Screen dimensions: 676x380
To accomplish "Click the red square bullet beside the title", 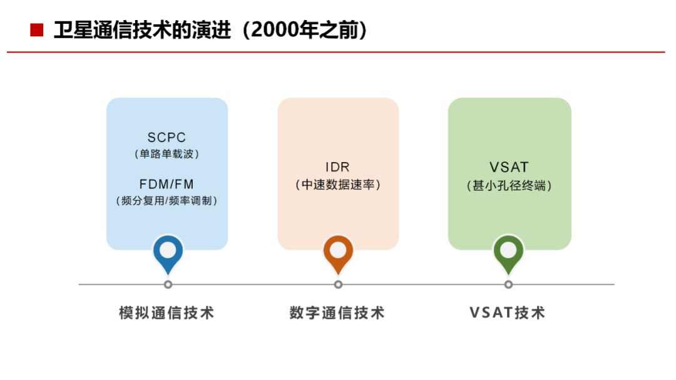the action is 37,30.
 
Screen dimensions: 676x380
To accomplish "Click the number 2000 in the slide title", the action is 275,30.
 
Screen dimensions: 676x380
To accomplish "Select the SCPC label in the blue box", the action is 166,138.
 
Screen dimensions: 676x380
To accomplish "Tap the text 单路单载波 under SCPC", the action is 166,154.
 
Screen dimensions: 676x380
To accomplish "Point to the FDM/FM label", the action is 166,184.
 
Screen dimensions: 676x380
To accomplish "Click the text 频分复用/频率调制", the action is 166,200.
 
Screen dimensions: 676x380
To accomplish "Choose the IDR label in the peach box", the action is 337,167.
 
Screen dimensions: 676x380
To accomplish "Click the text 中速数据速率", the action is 338,185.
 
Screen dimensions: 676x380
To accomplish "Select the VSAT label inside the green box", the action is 509,167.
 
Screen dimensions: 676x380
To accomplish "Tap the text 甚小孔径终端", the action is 509,185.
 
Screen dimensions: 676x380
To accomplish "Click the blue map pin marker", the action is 168,254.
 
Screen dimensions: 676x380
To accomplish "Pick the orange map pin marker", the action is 338,254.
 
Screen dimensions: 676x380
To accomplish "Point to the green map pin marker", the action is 508,254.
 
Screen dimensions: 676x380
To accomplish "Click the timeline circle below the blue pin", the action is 168,285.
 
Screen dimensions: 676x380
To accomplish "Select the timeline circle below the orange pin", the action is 339,285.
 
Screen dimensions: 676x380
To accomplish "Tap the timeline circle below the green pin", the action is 509,285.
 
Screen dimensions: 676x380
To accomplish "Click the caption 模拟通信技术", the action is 166,313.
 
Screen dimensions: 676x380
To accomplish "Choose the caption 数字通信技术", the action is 337,313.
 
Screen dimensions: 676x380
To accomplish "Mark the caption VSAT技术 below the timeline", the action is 508,313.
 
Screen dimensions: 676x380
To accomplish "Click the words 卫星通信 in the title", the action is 93,30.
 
